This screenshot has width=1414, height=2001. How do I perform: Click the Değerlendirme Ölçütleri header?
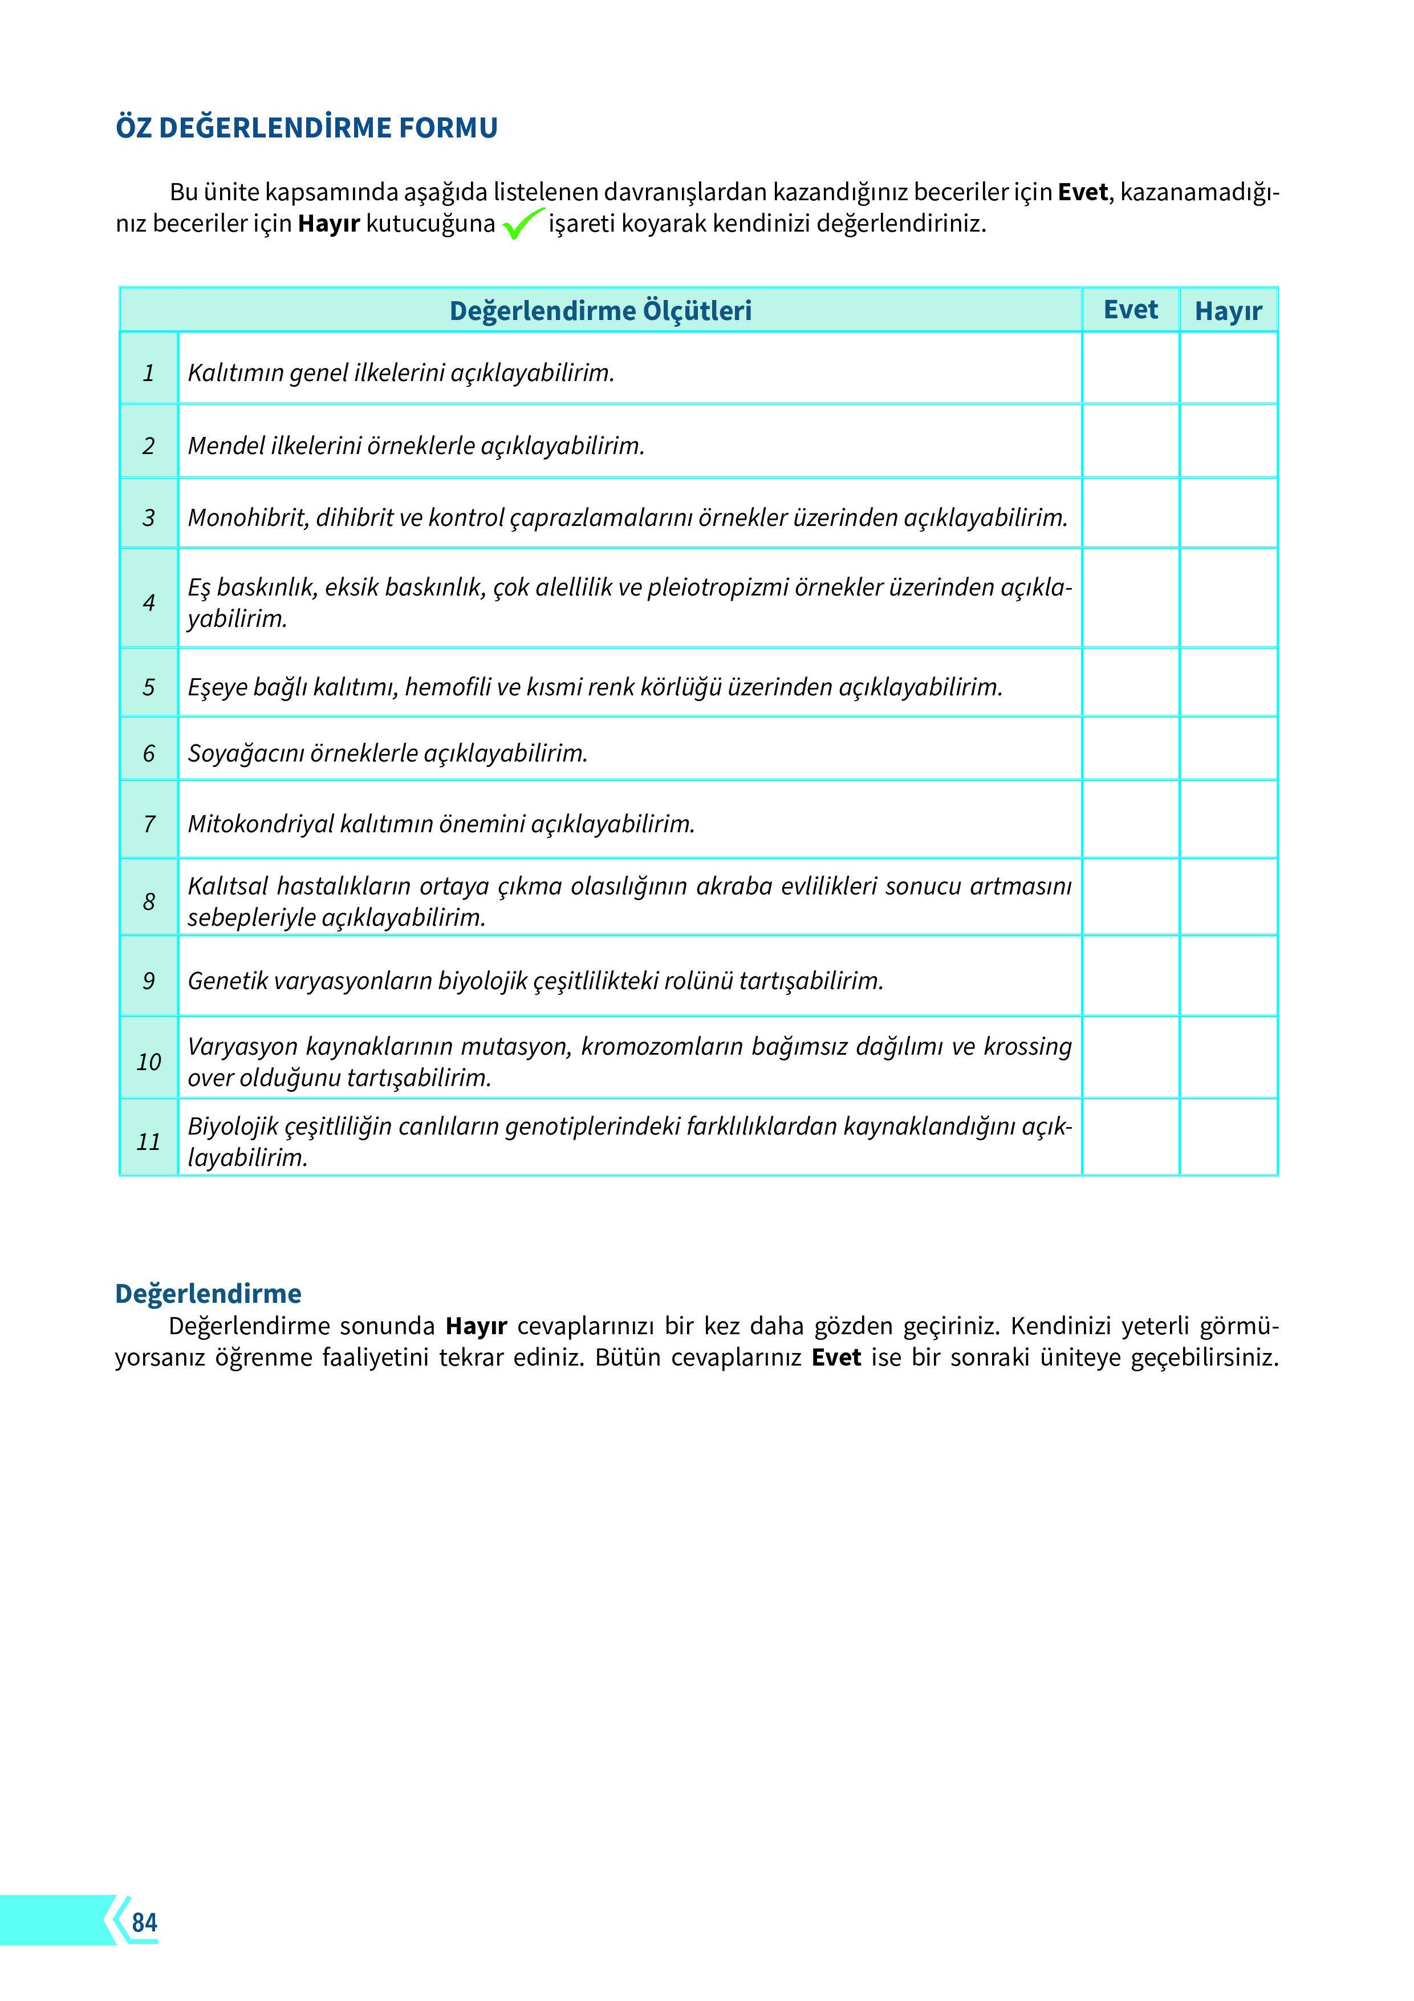coord(600,310)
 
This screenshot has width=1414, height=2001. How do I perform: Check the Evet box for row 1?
coord(1130,368)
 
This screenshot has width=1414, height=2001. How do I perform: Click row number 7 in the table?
coord(149,824)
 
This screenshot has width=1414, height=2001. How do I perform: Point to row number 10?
coord(149,1062)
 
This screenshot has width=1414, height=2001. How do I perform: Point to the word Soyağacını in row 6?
coord(246,753)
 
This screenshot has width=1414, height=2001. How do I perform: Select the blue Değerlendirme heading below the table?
coord(208,1293)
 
